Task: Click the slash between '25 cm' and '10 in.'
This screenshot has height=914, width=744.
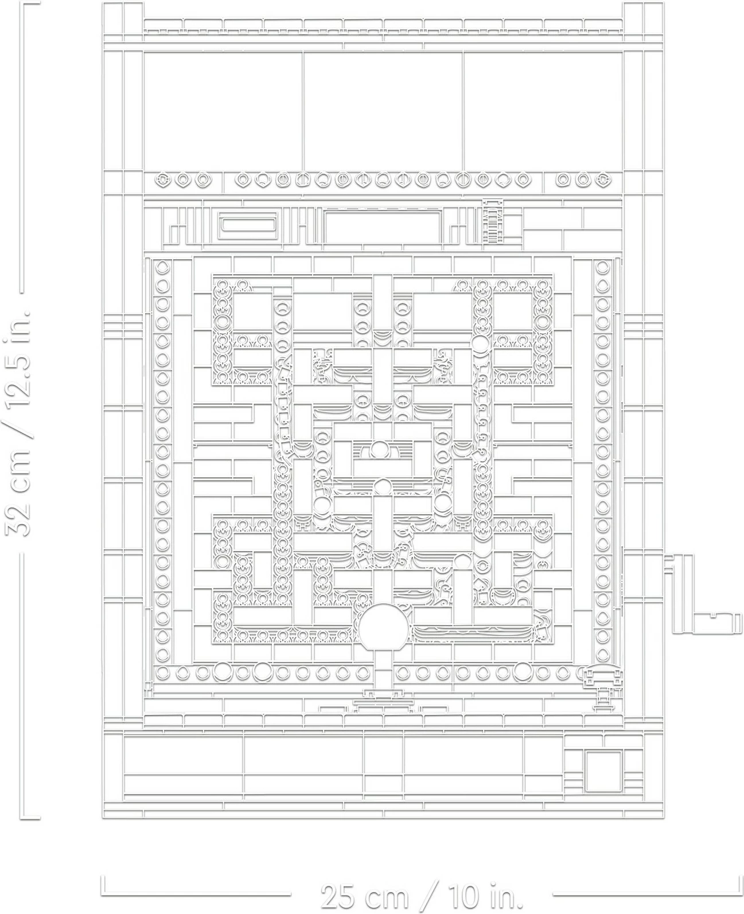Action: (434, 895)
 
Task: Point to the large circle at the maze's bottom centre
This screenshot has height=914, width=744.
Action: (385, 627)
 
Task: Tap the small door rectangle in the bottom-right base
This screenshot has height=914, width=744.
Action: (603, 771)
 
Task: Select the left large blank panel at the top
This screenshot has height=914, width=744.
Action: (223, 111)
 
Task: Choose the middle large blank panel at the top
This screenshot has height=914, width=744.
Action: (383, 111)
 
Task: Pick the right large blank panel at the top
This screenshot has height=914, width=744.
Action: (542, 111)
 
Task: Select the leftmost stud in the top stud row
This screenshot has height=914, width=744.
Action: (163, 180)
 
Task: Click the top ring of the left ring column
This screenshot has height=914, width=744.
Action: (163, 268)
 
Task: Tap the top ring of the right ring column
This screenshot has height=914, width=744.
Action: (602, 268)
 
